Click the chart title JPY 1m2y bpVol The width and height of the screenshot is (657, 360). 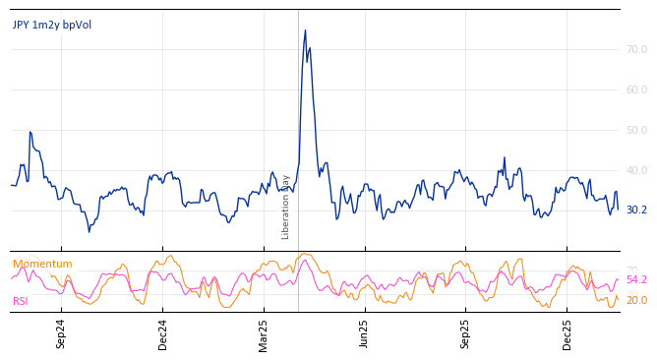(52, 26)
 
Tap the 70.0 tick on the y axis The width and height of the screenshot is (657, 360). (636, 49)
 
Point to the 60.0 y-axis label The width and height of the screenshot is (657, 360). (636, 90)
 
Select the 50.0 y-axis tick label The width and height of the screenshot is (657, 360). (636, 130)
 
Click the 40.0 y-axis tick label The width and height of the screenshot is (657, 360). (636, 170)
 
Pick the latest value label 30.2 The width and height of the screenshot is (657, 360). (636, 210)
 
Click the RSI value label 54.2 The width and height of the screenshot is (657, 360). (636, 280)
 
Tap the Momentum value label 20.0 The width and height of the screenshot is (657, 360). (636, 301)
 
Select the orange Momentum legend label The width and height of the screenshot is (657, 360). (42, 265)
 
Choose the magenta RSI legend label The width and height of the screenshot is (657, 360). (21, 302)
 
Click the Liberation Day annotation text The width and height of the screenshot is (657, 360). (286, 207)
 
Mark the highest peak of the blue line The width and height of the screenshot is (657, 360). (305, 30)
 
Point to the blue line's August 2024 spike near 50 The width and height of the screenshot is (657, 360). (30, 132)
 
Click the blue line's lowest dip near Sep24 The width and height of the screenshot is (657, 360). (89, 231)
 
